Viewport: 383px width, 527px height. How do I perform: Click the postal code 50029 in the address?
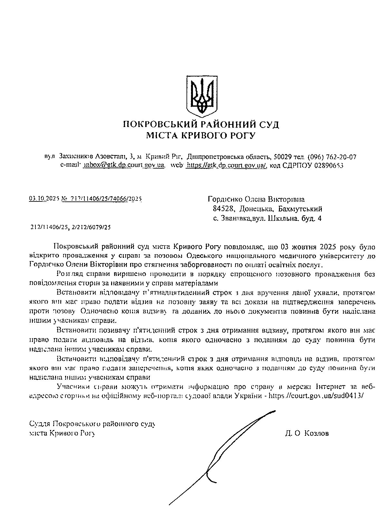(283, 157)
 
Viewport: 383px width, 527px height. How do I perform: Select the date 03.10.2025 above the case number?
(43, 199)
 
